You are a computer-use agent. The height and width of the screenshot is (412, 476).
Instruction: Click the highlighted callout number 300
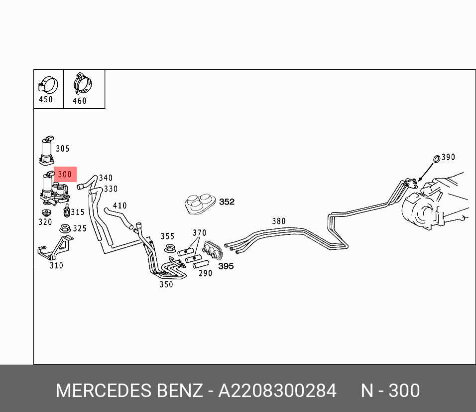[x=65, y=175]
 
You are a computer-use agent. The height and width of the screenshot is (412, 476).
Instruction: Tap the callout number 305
[x=63, y=149]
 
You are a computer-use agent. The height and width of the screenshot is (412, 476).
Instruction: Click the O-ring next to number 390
[x=436, y=159]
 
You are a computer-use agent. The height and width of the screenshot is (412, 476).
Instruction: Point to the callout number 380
[x=279, y=221]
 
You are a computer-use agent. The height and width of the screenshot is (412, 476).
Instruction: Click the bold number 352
[x=227, y=202]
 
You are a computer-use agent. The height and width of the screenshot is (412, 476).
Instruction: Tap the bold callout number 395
[x=226, y=266]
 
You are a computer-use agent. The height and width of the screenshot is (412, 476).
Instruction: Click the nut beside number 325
[x=64, y=229]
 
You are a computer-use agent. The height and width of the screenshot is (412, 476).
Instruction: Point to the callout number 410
[x=119, y=206]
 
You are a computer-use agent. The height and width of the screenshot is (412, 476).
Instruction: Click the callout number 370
[x=199, y=233]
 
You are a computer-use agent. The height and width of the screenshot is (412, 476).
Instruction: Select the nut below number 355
[x=168, y=247]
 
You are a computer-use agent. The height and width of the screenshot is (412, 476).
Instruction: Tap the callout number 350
[x=166, y=285]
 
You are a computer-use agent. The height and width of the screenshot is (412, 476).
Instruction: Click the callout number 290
[x=205, y=273]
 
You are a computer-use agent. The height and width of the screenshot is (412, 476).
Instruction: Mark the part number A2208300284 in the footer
[x=277, y=391]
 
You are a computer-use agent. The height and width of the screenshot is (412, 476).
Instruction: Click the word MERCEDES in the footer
[x=103, y=391]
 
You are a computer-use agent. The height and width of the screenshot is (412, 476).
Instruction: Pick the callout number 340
[x=106, y=178]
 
